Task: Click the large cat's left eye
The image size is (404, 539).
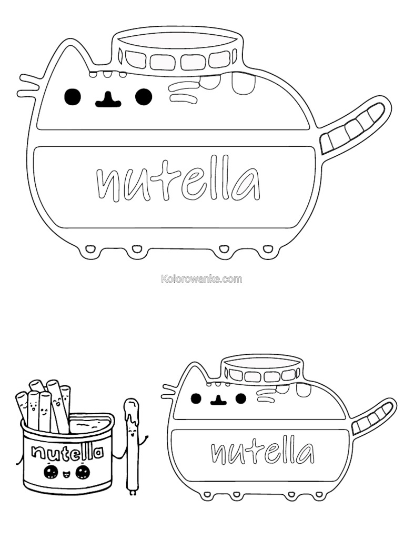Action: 73,97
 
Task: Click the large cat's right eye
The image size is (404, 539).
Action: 144,97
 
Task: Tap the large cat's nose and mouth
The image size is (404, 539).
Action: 108,99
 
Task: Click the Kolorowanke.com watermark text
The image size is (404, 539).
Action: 201,279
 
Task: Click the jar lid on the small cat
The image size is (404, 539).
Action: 263,371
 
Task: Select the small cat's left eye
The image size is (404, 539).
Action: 196,398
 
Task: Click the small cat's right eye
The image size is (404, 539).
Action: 241,398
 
